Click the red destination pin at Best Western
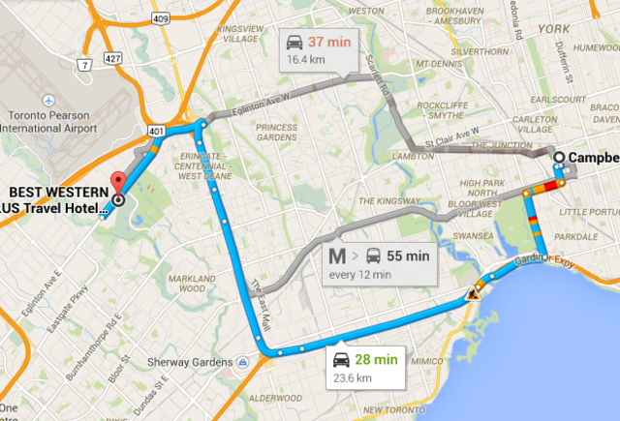click(118, 183)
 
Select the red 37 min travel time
click(327, 43)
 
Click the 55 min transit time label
click(408, 257)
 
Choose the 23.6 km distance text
click(354, 376)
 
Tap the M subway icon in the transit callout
click(337, 257)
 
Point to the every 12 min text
click(360, 275)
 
